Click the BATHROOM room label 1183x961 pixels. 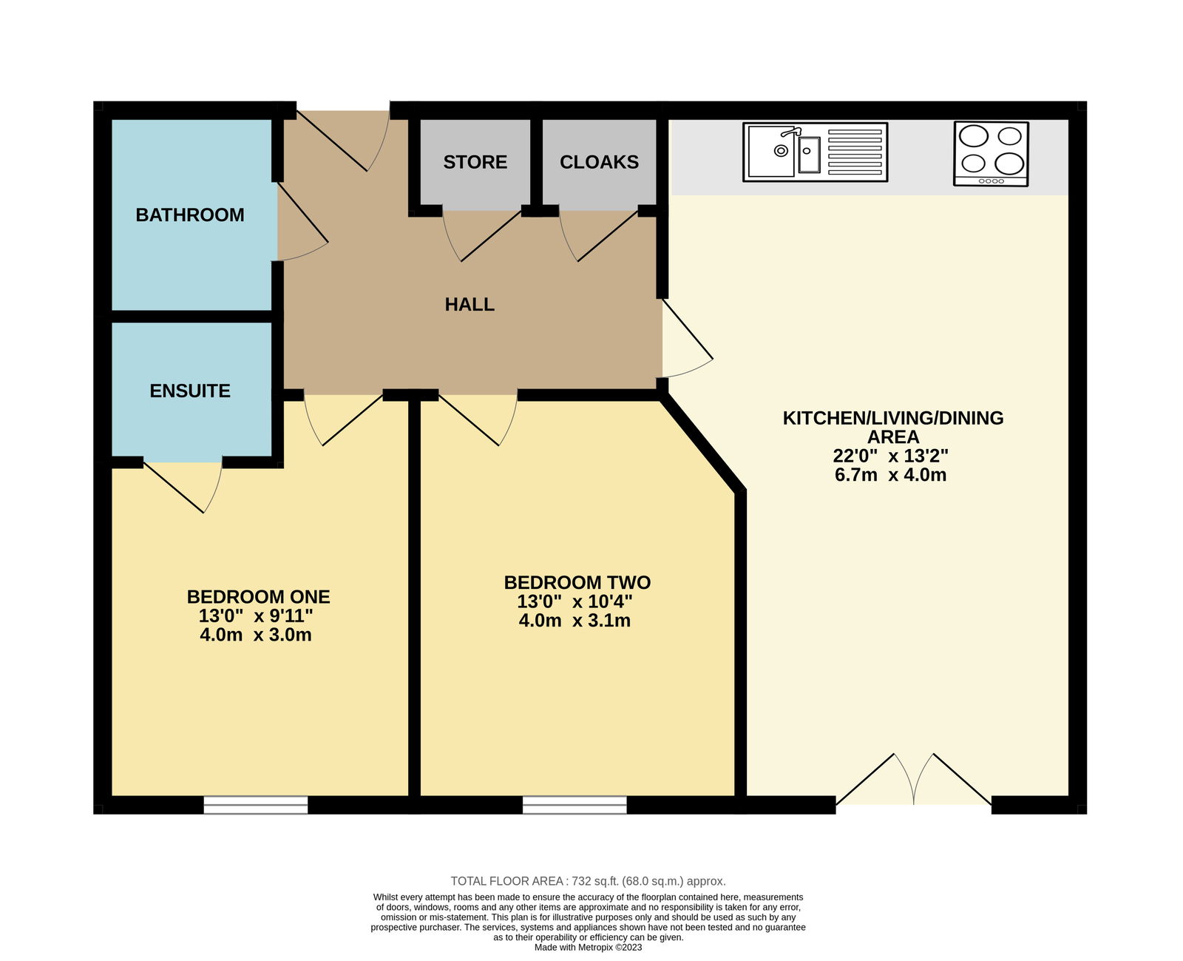[x=189, y=215]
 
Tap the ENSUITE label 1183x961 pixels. [x=189, y=391]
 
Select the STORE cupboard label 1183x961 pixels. [x=475, y=162]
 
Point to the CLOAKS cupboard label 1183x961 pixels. [x=599, y=162]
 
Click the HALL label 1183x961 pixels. [x=470, y=304]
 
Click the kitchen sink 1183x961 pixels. [x=815, y=152]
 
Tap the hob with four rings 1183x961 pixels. [x=991, y=154]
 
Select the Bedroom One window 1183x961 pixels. [x=256, y=805]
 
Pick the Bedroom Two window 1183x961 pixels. [x=574, y=805]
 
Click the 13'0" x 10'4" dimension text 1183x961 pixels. [x=574, y=601]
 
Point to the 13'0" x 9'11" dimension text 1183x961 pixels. [x=256, y=616]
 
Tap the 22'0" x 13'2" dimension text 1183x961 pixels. [x=890, y=456]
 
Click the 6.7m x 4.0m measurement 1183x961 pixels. [x=890, y=475]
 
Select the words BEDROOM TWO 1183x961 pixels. [x=577, y=582]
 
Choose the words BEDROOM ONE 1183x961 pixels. [x=258, y=596]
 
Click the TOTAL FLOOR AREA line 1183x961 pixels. [x=588, y=881]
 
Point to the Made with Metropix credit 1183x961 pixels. [x=588, y=947]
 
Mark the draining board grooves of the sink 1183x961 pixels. [x=855, y=152]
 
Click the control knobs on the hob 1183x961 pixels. [x=991, y=181]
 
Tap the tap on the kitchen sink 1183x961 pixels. [x=791, y=132]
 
